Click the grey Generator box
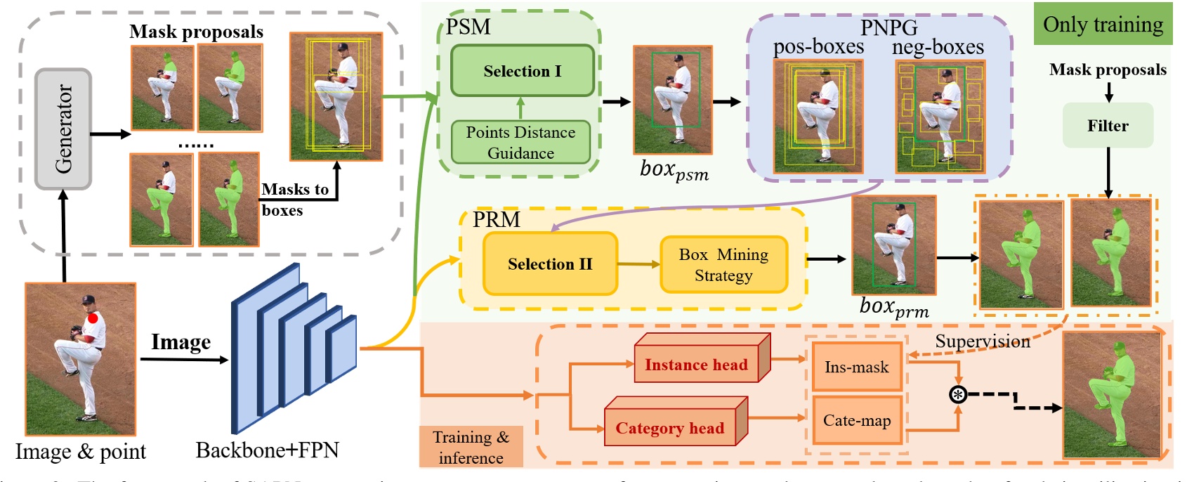pos(63,129)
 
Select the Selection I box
pos(522,71)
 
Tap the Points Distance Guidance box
pos(520,143)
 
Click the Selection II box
pos(550,263)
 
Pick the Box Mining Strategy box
pos(723,264)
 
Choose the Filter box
pos(1108,126)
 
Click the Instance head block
pos(696,364)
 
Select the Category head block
pos(669,427)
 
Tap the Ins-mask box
pos(856,367)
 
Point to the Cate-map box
pos(856,420)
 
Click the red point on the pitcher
pos(93,318)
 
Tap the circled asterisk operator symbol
pos(957,394)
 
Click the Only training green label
pos(1103,25)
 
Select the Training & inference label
pos(471,447)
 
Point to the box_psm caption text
pos(674,170)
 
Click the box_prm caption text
pos(893,307)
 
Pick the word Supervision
pos(982,341)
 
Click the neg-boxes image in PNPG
pos(940,117)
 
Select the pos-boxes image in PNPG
pos(818,117)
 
